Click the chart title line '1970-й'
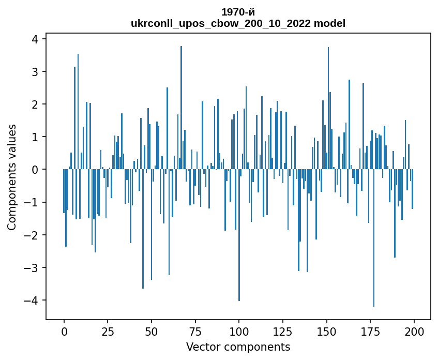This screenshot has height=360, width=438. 238,12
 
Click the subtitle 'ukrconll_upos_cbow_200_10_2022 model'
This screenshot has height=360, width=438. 238,23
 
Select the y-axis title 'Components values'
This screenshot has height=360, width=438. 11,177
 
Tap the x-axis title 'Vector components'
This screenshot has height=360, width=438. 238,347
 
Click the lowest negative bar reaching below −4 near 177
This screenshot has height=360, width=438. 374,238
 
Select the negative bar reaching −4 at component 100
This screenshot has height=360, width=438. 239,235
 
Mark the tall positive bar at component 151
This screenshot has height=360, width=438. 328,109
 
